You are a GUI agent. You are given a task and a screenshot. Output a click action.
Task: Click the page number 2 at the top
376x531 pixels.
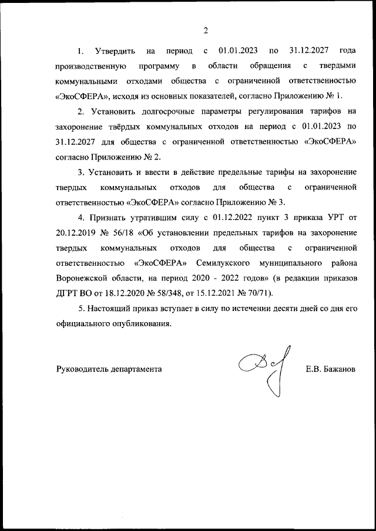point(206,31)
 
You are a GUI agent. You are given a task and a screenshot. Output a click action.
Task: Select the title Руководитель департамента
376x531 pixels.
point(109,370)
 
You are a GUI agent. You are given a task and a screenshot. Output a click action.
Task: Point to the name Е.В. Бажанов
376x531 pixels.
point(331,370)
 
